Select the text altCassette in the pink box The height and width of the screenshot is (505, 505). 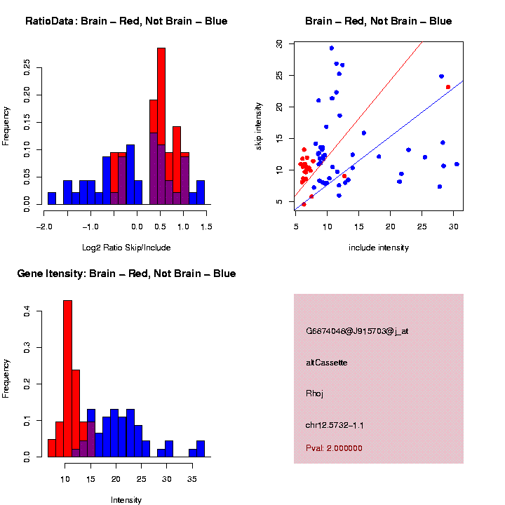coord(327,363)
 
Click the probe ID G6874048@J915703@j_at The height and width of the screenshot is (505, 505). coord(356,331)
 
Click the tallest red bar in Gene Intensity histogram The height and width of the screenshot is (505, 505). coord(68,379)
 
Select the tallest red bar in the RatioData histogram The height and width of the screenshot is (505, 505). coord(161,126)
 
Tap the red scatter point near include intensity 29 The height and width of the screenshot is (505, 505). coord(448,87)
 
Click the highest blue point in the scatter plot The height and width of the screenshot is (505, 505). coord(332,48)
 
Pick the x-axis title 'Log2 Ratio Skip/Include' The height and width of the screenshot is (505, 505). coord(126,247)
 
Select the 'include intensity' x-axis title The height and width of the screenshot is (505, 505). coord(379,247)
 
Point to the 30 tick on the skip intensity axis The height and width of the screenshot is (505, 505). coord(279,43)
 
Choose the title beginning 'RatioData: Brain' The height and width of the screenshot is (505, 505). coord(126,21)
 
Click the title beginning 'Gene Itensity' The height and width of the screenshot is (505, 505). coord(126,274)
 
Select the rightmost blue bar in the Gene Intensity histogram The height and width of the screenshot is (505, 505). coord(201,449)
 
